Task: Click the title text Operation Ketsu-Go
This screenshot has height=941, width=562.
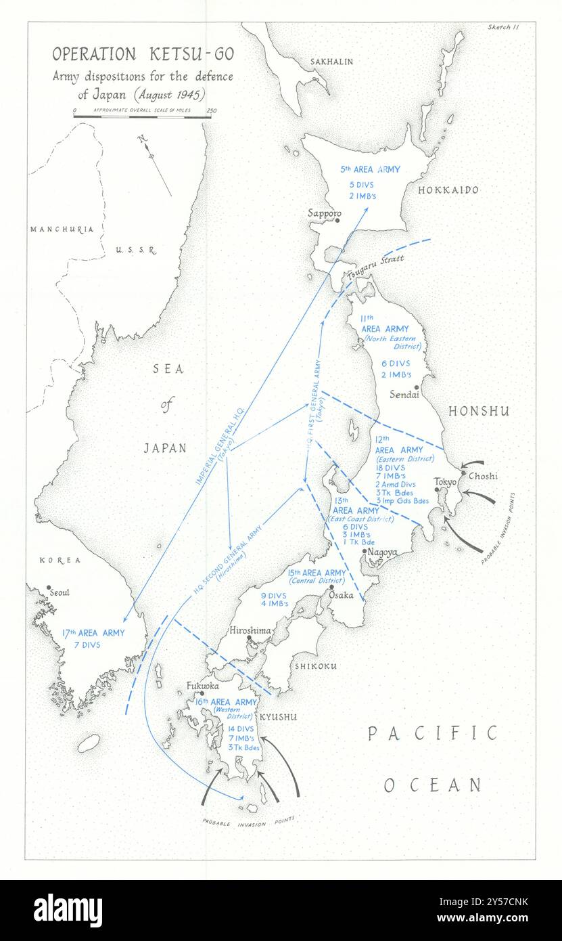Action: pos(143,54)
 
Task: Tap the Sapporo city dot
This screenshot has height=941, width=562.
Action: pos(337,220)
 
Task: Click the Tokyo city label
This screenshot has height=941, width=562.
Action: pos(445,481)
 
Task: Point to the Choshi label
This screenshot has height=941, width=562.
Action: pos(483,476)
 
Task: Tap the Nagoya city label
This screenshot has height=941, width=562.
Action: pos(382,552)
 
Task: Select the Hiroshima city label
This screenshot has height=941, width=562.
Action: pos(250,630)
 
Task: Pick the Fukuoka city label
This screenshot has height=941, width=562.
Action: pos(202,685)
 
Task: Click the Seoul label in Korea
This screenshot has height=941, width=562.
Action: pos(60,593)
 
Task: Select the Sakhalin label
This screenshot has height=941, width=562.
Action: pos(331,62)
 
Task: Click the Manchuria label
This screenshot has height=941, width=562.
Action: pos(62,229)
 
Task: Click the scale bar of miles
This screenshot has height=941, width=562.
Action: pos(142,116)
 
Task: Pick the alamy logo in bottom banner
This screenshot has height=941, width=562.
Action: pos(68,910)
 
